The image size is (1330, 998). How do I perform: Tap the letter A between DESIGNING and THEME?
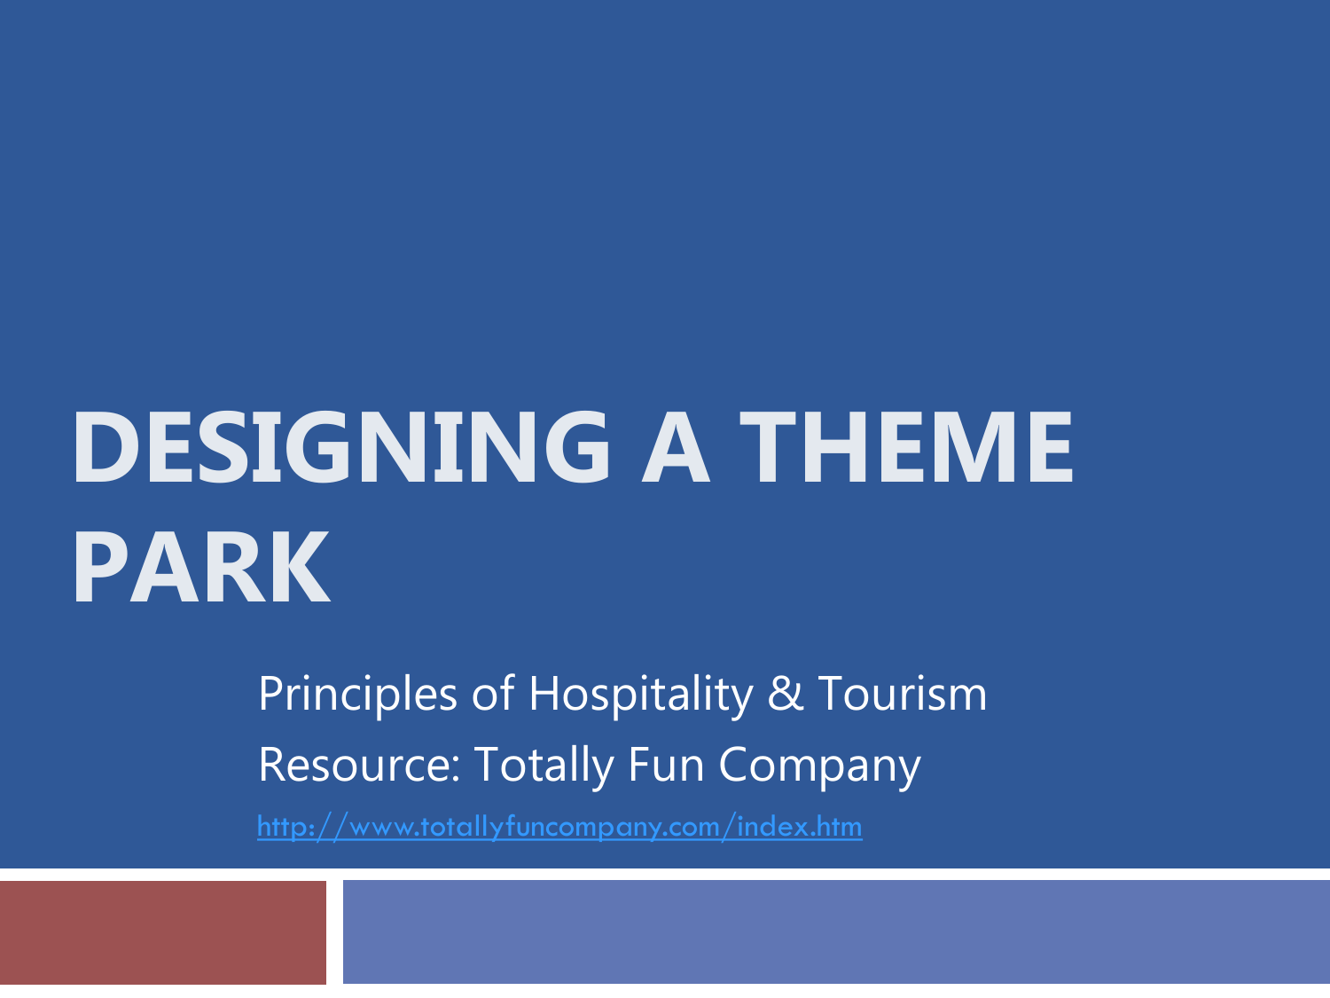675,446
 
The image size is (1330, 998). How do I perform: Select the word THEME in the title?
906,446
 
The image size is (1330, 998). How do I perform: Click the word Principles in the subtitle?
357,695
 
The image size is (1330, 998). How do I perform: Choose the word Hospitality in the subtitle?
641,695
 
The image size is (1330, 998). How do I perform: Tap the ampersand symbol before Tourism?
786,695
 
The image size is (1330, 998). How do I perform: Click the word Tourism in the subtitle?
903,693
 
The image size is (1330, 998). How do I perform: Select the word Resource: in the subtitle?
360,764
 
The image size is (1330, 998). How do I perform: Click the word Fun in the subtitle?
666,764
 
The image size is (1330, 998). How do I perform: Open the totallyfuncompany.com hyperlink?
559,827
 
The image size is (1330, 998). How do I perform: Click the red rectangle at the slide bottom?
163,932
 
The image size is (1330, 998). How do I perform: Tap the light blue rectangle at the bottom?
836,932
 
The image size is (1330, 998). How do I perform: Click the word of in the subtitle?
493,693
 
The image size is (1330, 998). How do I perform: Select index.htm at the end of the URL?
799,826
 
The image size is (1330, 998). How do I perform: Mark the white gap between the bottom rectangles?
334,932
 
